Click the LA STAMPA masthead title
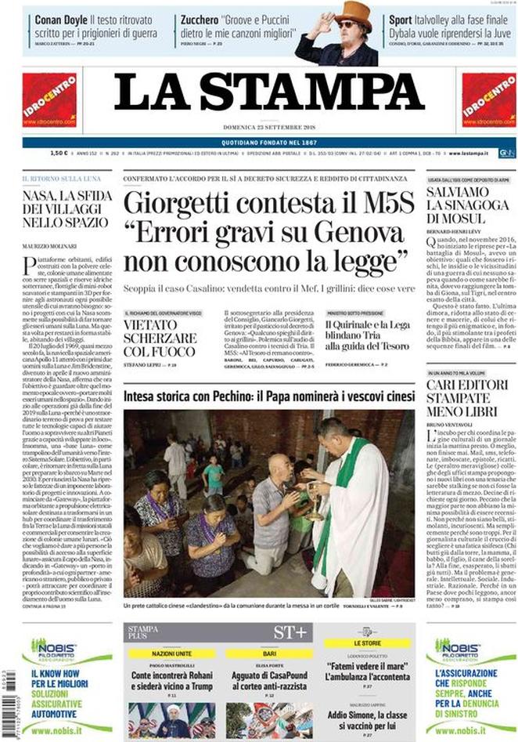coord(259,95)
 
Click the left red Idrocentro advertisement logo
coord(50,100)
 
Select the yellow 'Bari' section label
coord(269,653)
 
